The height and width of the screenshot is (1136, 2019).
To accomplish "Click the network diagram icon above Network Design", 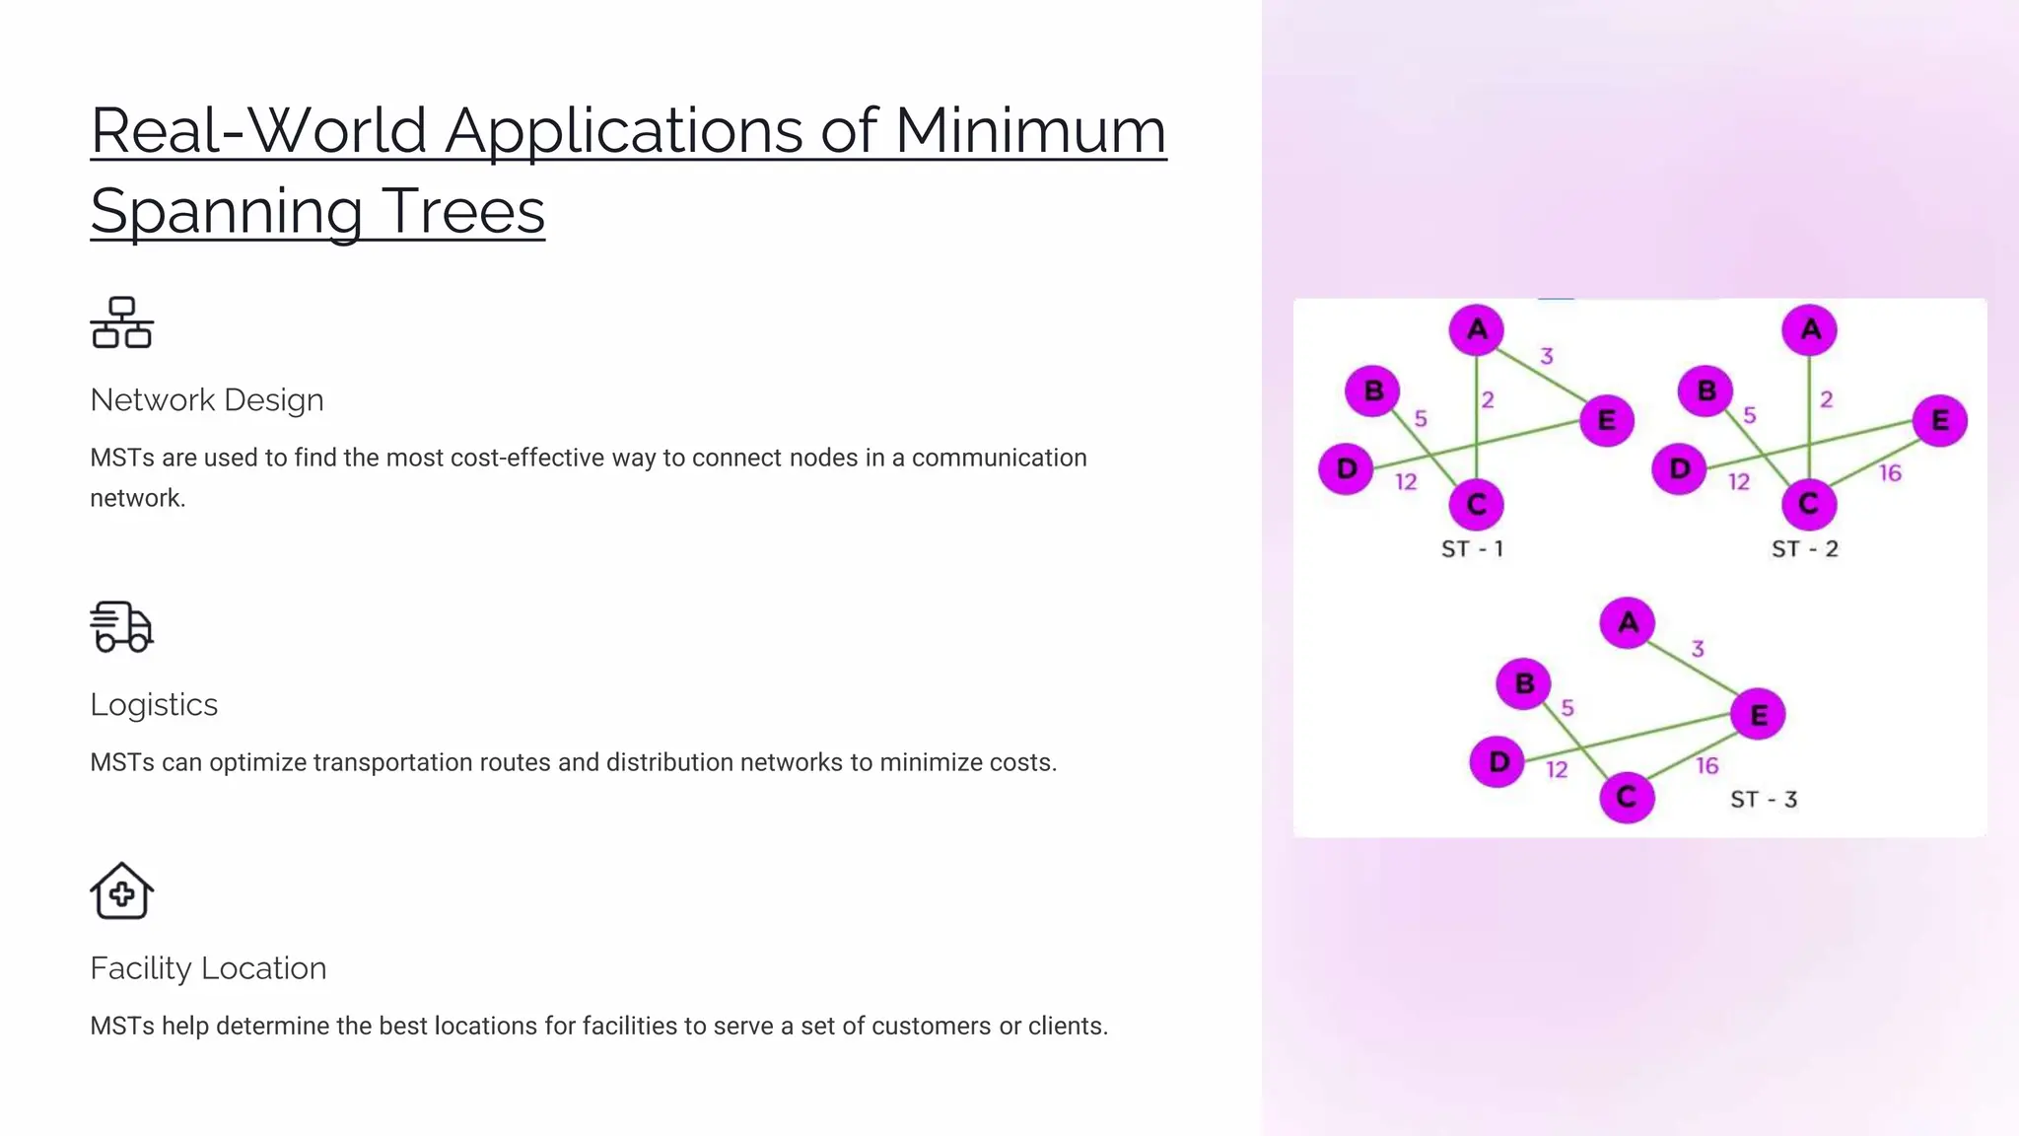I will (x=122, y=322).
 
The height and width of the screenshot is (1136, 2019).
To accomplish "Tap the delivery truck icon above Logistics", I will (x=122, y=627).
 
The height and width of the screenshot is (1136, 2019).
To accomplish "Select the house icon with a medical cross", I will (x=122, y=891).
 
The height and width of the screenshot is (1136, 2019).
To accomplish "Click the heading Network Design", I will (x=207, y=400).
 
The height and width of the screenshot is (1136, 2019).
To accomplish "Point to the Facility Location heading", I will (x=208, y=968).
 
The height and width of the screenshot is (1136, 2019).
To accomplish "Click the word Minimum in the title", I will (x=1030, y=131).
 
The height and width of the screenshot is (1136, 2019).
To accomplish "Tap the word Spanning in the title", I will (x=227, y=212).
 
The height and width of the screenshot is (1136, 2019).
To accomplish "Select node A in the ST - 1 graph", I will (x=1476, y=329).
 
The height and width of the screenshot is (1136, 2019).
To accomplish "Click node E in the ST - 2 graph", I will (x=1939, y=421).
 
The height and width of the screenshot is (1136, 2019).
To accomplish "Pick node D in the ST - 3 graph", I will (x=1497, y=761).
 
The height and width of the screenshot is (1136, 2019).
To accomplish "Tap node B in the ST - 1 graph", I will (x=1372, y=391).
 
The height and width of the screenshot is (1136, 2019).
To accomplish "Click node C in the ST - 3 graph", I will (x=1627, y=797).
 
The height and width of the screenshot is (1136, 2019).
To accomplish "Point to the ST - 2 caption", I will (x=1804, y=549).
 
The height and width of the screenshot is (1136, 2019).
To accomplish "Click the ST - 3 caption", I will (x=1764, y=800).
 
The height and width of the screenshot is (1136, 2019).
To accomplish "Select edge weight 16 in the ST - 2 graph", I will (x=1890, y=473).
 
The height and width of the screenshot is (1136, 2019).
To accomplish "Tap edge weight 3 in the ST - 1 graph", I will (x=1547, y=356).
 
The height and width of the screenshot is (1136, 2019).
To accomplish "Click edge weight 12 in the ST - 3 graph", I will (x=1557, y=770).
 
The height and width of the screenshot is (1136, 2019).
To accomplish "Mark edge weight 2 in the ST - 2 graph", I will (x=1827, y=399).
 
